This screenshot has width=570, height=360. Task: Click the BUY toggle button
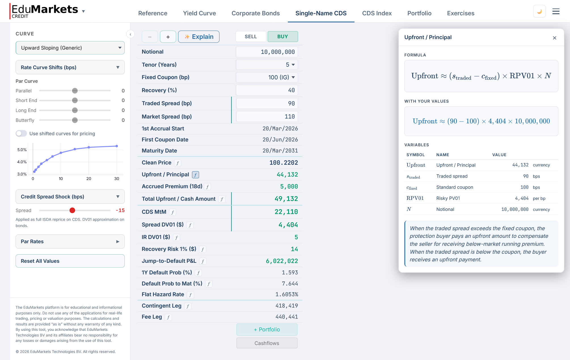(282, 37)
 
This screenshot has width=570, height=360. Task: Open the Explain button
(199, 37)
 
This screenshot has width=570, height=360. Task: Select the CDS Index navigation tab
(377, 13)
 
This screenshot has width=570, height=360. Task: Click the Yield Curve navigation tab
(199, 13)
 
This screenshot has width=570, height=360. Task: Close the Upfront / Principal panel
(554, 38)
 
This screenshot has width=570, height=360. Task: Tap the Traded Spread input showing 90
(267, 103)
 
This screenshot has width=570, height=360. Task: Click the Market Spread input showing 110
(267, 117)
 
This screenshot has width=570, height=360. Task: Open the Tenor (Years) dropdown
(267, 65)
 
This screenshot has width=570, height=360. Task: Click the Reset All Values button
(70, 261)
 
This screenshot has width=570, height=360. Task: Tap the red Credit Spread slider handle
(72, 210)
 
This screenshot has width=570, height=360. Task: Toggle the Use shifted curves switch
(21, 134)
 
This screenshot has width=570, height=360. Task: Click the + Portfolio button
(267, 329)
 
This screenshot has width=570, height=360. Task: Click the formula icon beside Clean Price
(178, 163)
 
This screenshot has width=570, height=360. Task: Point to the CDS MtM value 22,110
(286, 212)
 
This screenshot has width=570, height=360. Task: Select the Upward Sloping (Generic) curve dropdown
(70, 48)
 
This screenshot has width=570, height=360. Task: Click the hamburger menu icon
(556, 12)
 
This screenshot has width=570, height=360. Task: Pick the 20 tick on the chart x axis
(89, 179)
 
